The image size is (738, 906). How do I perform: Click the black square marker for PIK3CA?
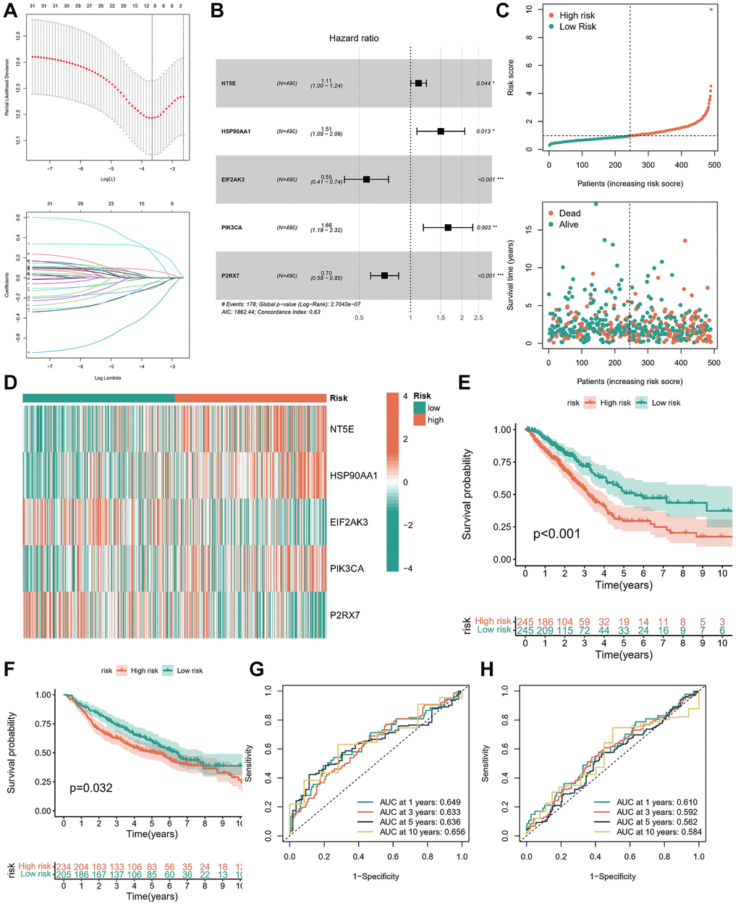pyautogui.click(x=448, y=227)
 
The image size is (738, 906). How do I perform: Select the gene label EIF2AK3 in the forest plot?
pyautogui.click(x=233, y=179)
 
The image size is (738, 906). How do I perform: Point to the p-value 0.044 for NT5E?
pyautogui.click(x=483, y=83)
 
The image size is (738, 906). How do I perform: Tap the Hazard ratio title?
pyautogui.click(x=354, y=38)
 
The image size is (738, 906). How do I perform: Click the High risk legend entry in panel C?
pyautogui.click(x=577, y=14)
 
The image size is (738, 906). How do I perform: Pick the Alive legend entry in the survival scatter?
pyautogui.click(x=569, y=225)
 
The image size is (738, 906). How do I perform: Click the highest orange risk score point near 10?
pyautogui.click(x=711, y=9)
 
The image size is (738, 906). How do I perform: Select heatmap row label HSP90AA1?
pyautogui.click(x=353, y=475)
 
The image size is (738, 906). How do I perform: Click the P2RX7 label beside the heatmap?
pyautogui.click(x=345, y=615)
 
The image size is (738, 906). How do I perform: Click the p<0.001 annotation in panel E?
pyautogui.click(x=556, y=534)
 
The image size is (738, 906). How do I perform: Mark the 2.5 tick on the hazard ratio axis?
pyautogui.click(x=478, y=317)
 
